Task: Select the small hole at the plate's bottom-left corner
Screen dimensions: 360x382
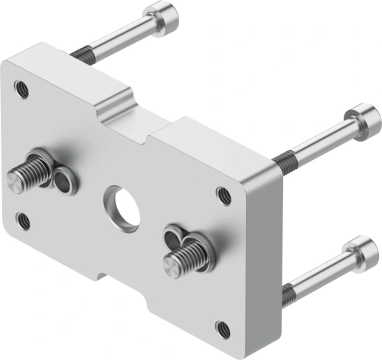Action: click(x=24, y=219)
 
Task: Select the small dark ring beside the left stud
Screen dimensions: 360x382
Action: click(x=64, y=180)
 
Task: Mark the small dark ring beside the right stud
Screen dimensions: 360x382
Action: click(x=174, y=237)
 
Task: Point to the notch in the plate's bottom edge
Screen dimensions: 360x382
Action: click(x=118, y=283)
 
